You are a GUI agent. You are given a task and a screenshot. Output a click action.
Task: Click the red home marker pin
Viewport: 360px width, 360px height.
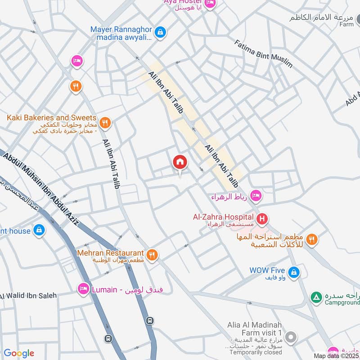(x=180, y=162)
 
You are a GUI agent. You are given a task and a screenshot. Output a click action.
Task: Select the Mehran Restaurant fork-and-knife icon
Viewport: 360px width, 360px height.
(x=153, y=255)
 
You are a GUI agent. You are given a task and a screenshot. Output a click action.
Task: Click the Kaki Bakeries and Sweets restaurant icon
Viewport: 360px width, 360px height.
(x=105, y=122)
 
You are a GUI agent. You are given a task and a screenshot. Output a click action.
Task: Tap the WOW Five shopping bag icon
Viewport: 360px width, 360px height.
(x=293, y=272)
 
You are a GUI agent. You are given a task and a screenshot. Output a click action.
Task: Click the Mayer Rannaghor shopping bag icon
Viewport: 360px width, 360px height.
(x=160, y=32)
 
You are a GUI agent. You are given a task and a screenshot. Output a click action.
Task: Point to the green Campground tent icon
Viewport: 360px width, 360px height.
(x=316, y=297)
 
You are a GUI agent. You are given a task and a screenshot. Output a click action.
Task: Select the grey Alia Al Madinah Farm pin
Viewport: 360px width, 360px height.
(x=291, y=337)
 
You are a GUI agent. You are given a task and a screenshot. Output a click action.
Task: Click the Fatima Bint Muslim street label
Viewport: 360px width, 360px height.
(x=263, y=53)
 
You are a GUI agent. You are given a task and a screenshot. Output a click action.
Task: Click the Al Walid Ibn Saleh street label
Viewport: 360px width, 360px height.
(x=28, y=296)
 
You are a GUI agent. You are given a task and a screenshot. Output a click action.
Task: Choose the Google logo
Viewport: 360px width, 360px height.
(x=19, y=353)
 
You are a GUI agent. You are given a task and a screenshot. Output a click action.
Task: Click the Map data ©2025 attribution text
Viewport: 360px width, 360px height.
(x=336, y=356)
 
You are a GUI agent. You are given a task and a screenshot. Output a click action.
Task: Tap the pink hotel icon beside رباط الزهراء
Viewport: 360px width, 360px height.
(x=256, y=196)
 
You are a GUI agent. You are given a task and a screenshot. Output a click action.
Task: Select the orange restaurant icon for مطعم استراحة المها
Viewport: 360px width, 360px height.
(x=311, y=239)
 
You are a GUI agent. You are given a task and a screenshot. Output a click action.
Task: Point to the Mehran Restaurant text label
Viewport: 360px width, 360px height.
(x=110, y=253)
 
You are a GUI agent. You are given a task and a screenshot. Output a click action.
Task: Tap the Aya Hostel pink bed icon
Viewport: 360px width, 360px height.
(x=210, y=4)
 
